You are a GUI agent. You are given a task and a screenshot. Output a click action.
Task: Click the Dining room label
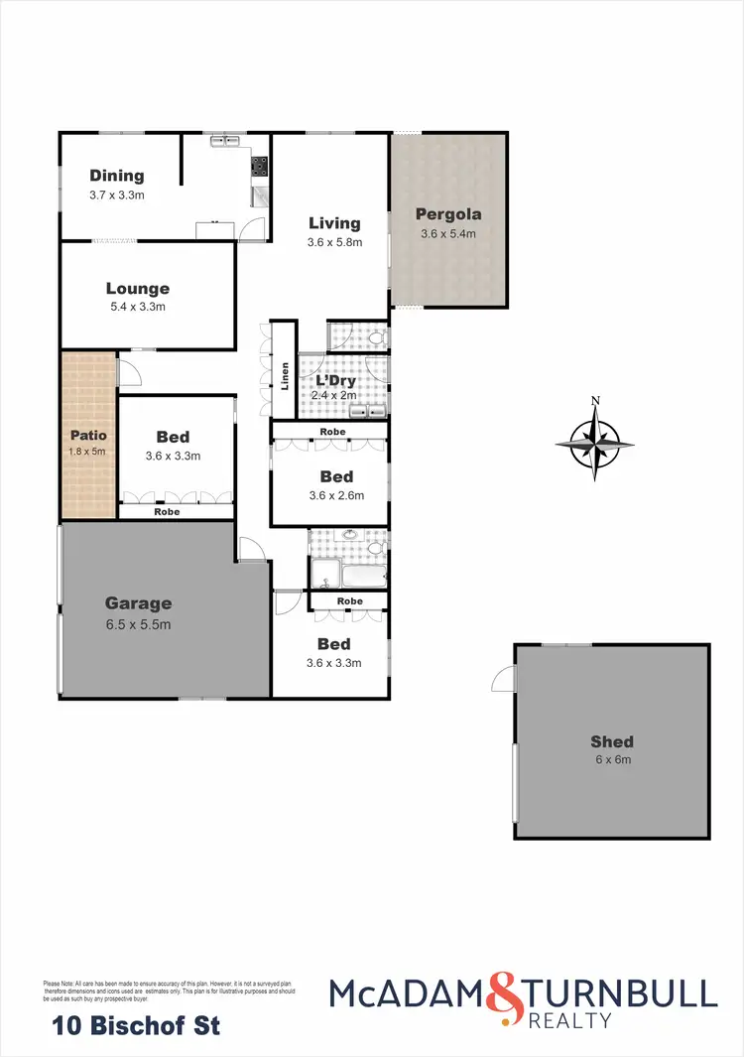click(117, 176)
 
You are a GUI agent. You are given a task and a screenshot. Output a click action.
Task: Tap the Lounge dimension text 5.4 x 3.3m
click(138, 307)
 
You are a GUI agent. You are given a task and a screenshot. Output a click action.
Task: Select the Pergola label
click(448, 213)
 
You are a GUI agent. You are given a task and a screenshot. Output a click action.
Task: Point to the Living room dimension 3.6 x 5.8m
click(334, 242)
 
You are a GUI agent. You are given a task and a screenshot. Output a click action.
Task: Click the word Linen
click(285, 375)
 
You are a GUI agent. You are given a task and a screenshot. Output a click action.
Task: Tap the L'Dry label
click(334, 380)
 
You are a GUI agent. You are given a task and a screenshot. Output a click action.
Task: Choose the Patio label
click(87, 435)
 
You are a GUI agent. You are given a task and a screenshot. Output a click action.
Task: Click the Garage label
click(139, 602)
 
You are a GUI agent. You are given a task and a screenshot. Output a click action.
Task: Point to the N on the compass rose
click(595, 401)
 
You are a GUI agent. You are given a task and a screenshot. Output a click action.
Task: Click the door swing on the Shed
click(504, 679)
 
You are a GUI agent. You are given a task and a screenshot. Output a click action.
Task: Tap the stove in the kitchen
click(259, 167)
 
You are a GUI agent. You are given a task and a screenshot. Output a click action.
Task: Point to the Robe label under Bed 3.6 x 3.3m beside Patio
click(167, 512)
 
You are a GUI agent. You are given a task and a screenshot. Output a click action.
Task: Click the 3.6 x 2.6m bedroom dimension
click(337, 495)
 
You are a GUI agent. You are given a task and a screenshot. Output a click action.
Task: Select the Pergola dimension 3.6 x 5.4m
click(448, 234)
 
